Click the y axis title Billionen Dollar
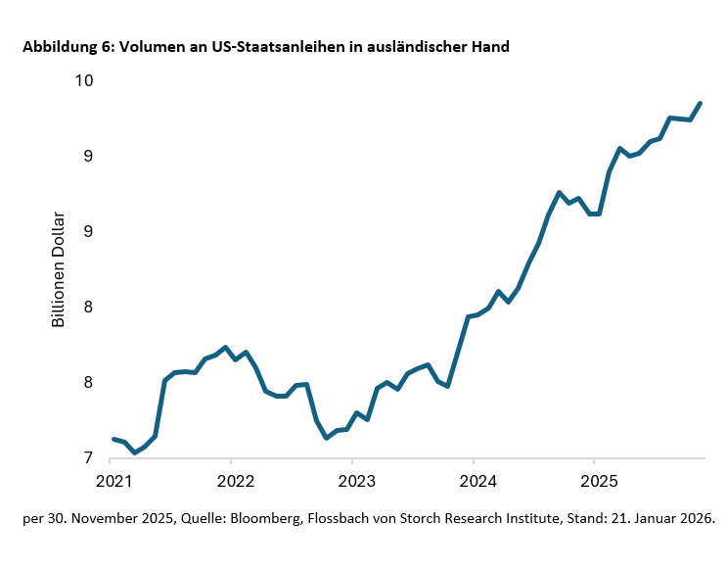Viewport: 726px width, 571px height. [58, 268]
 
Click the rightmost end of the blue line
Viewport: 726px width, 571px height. [701, 103]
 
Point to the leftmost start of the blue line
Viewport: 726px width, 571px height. [113, 439]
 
